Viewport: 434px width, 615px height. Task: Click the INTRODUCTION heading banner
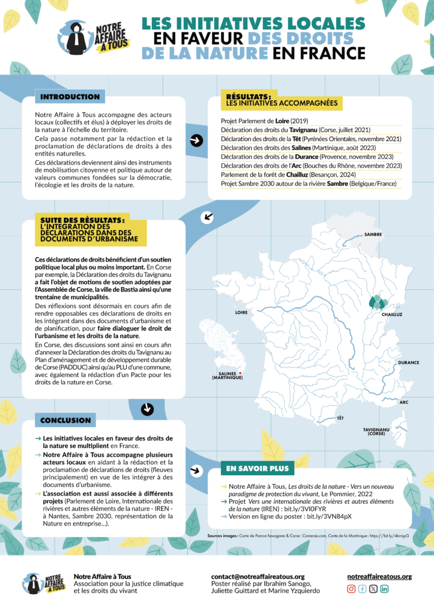pyautogui.click(x=70, y=97)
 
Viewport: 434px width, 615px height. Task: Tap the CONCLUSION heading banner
pyautogui.click(x=65, y=420)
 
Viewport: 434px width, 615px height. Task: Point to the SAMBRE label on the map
pyautogui.click(x=373, y=234)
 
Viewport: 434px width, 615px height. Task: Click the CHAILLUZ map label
pyautogui.click(x=392, y=314)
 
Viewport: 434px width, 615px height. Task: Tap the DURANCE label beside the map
pyautogui.click(x=408, y=363)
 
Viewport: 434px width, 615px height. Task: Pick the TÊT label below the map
pyautogui.click(x=340, y=417)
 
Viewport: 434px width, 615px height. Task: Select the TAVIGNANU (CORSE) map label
pyautogui.click(x=376, y=431)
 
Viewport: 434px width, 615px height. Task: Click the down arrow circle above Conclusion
pyautogui.click(x=146, y=409)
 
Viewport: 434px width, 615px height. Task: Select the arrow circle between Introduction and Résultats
pyautogui.click(x=196, y=141)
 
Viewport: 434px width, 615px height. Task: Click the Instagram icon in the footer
pyautogui.click(x=352, y=589)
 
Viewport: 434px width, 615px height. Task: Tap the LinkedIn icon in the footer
pyautogui.click(x=384, y=589)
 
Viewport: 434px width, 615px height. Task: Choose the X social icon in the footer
pyautogui.click(x=373, y=589)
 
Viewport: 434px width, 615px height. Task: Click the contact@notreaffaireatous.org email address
pyautogui.click(x=258, y=577)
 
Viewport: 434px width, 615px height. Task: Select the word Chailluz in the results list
pyautogui.click(x=297, y=174)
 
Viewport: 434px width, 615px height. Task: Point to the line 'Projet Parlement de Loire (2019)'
pyautogui.click(x=257, y=121)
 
